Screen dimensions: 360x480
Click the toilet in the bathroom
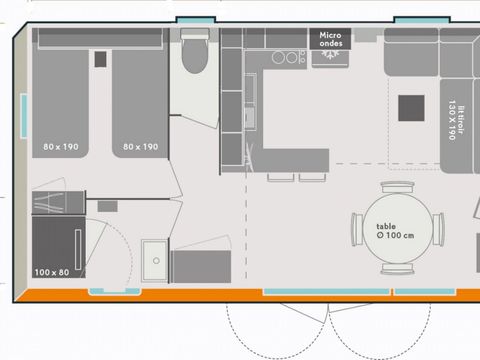196,55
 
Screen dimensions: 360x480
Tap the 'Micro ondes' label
330,40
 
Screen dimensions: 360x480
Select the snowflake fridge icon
330,58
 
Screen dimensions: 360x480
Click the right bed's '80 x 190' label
140,147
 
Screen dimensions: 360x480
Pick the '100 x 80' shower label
52,272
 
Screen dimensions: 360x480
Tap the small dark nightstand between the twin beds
100,59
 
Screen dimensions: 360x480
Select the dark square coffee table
412,107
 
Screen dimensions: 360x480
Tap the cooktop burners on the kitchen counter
285,58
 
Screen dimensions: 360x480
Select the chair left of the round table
356,230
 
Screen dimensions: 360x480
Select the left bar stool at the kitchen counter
275,177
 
